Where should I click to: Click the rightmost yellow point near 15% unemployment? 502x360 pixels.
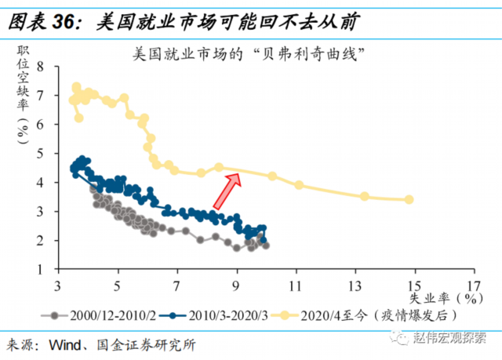409,199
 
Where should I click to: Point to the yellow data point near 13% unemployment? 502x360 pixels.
364,196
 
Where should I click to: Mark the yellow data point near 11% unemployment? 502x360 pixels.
299,185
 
